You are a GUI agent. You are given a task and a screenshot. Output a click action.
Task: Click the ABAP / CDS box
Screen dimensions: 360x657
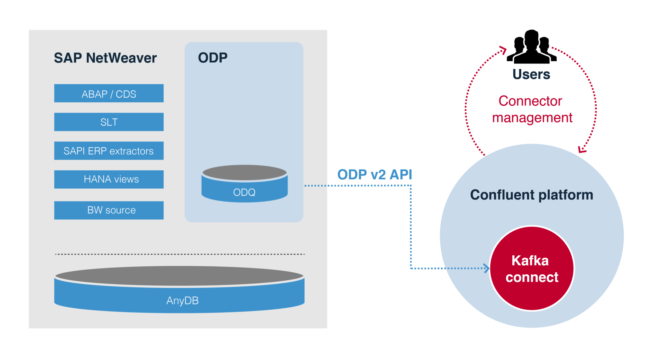click(x=109, y=93)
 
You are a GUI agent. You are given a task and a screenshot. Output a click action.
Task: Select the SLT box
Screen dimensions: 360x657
click(x=109, y=122)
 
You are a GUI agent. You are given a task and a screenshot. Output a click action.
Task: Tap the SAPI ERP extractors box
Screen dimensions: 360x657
click(x=109, y=150)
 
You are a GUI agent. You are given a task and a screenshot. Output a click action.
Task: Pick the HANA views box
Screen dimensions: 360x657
click(x=109, y=179)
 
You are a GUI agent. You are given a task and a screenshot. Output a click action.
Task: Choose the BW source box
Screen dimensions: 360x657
click(x=109, y=210)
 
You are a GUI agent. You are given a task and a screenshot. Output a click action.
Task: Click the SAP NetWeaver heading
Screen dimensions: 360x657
click(x=105, y=58)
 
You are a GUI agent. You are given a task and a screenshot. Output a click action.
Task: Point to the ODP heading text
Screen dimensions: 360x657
click(x=213, y=58)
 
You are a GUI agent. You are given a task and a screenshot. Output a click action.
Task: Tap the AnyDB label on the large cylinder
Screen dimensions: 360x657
click(x=182, y=300)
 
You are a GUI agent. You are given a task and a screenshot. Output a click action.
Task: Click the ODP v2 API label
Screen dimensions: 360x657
click(x=374, y=175)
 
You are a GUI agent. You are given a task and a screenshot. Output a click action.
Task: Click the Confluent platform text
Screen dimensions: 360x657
click(x=531, y=195)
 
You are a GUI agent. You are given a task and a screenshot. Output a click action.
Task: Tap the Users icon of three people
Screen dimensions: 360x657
click(x=532, y=47)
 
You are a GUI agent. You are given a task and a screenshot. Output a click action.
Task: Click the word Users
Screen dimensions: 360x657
click(x=531, y=74)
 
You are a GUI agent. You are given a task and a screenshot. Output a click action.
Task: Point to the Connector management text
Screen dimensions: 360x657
click(x=531, y=109)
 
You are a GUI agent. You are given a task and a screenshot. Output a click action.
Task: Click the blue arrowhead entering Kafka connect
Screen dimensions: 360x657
click(x=487, y=268)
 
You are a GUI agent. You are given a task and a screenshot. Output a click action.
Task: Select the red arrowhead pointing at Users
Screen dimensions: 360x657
click(x=503, y=50)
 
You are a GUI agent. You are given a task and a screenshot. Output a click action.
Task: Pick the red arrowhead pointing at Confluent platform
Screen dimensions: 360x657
click(x=582, y=150)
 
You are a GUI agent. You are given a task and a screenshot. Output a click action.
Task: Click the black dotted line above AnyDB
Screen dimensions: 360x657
click(x=180, y=254)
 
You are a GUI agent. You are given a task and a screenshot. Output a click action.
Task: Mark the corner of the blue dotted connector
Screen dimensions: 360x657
click(x=411, y=186)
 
